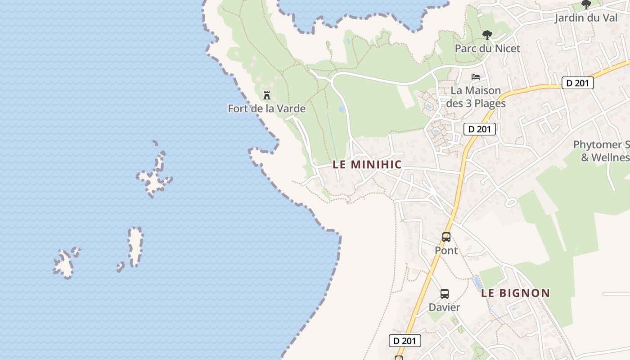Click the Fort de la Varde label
click(266, 108)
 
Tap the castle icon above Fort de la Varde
click(267, 95)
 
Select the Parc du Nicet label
click(487, 48)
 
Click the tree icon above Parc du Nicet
click(487, 35)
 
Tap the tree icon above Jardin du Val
click(586, 4)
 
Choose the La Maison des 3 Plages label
click(476, 97)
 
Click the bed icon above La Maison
click(476, 77)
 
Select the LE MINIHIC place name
click(367, 165)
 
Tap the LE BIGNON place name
click(515, 293)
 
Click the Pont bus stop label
click(446, 250)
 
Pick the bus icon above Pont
click(446, 237)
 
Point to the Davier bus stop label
click(444, 307)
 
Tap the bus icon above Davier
click(444, 294)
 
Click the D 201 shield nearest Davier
click(405, 341)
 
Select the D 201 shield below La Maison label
click(480, 130)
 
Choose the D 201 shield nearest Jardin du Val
click(578, 83)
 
